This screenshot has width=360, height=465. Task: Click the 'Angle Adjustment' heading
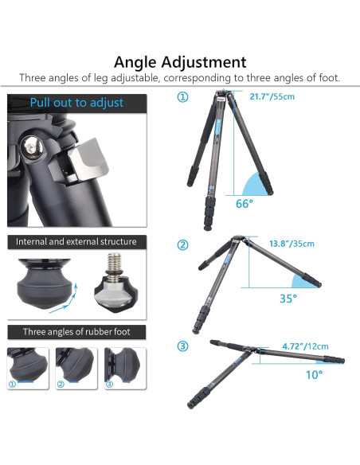(180, 62)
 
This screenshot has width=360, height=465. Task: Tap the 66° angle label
(245, 204)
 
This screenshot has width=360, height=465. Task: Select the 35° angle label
(288, 299)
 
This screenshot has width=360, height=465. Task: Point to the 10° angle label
(314, 375)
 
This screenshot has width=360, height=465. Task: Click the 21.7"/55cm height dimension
(272, 96)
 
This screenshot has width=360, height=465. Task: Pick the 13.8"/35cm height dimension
(292, 244)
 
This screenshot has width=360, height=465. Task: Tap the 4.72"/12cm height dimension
(305, 346)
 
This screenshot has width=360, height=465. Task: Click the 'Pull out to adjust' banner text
(76, 103)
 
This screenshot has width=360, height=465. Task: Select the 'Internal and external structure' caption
(76, 241)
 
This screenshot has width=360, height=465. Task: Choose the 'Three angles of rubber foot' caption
(76, 331)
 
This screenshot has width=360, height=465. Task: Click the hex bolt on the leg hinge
(30, 146)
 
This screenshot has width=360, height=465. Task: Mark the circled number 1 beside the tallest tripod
(182, 96)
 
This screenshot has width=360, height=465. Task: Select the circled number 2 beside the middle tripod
(182, 244)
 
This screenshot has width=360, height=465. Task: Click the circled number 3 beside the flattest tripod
(182, 346)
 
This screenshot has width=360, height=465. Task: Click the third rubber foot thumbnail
(125, 368)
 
